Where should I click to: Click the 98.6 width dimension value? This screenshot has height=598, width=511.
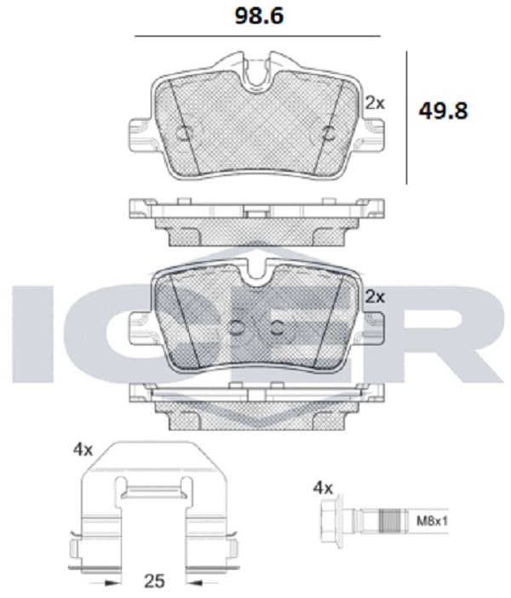click(259, 16)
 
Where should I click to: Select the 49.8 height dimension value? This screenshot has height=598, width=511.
click(443, 111)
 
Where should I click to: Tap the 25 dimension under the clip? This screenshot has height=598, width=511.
click(154, 581)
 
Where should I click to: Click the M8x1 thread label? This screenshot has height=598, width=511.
click(432, 521)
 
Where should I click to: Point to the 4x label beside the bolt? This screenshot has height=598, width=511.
click(323, 487)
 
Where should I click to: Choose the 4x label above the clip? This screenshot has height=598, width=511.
click(83, 450)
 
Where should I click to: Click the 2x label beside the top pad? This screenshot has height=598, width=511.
click(375, 103)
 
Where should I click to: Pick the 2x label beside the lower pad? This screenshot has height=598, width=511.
click(375, 297)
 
